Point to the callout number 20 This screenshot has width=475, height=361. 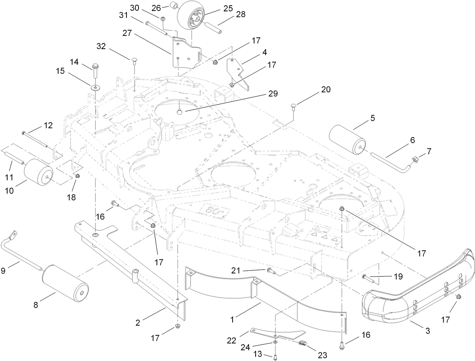click(325, 89)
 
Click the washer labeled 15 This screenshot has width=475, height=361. click(94, 88)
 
